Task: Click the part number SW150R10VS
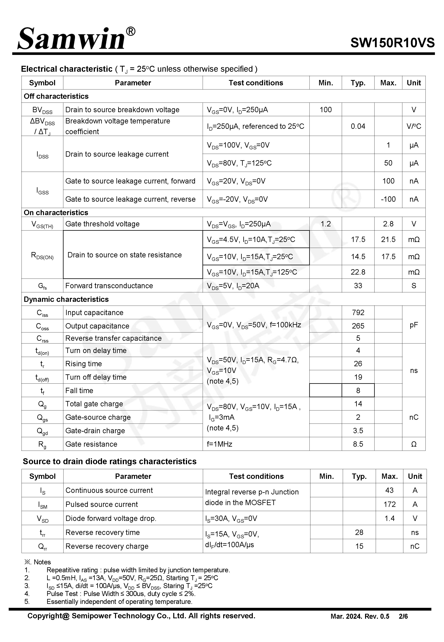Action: tap(392, 43)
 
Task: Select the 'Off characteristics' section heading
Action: tap(56, 96)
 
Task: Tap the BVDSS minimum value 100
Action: tap(325, 110)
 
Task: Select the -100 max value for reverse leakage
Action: tap(388, 199)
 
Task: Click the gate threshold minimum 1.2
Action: tap(325, 224)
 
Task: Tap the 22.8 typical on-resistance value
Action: tap(358, 272)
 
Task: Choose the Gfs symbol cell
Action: tap(42, 286)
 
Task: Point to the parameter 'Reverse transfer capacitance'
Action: tap(113, 338)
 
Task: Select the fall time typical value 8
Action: tap(358, 391)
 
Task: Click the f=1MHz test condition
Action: tap(219, 444)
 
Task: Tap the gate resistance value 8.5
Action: tap(358, 444)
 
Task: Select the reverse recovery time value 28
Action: tap(359, 532)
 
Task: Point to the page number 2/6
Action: tap(403, 616)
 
